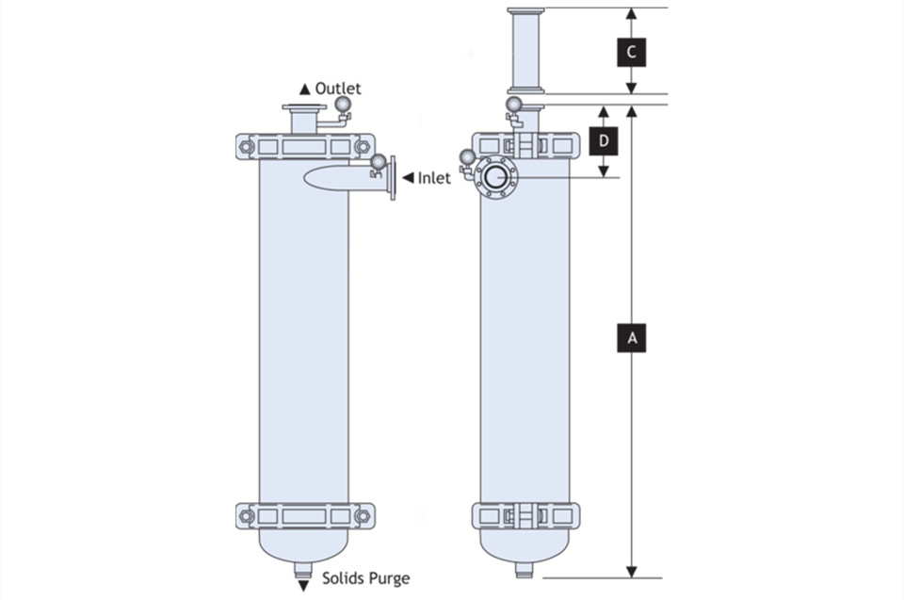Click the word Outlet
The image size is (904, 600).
pyautogui.click(x=338, y=89)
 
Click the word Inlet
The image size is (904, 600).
pyautogui.click(x=433, y=178)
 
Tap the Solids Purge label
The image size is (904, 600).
pyautogui.click(x=366, y=578)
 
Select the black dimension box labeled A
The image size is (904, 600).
pyautogui.click(x=632, y=338)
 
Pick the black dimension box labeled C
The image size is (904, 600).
pyautogui.click(x=631, y=53)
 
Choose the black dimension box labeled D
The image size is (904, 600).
pyautogui.click(x=603, y=140)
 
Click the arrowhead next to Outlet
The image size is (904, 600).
pyautogui.click(x=305, y=89)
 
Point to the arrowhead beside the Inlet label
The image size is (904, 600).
pyautogui.click(x=408, y=178)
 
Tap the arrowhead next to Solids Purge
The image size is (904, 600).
pyautogui.click(x=303, y=586)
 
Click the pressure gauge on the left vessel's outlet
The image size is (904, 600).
pyautogui.click(x=343, y=104)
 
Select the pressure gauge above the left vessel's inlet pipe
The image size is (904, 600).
pyautogui.click(x=379, y=162)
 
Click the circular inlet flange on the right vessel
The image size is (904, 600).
pyautogui.click(x=496, y=177)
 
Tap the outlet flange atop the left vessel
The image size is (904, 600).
pyautogui.click(x=304, y=107)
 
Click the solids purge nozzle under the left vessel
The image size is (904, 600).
pyautogui.click(x=303, y=570)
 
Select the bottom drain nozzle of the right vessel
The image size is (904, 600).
pyautogui.click(x=525, y=570)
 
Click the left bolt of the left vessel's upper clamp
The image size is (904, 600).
pyautogui.click(x=246, y=147)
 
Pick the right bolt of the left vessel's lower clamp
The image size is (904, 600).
pyautogui.click(x=363, y=516)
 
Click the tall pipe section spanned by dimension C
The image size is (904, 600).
pyautogui.click(x=525, y=51)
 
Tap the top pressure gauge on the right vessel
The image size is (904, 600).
pyautogui.click(x=514, y=104)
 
